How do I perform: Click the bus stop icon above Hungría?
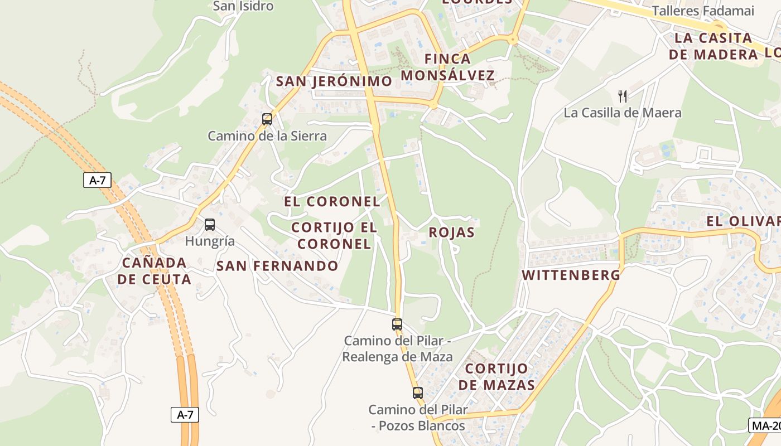pos(210,225)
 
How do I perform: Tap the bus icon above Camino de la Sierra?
pos(267,119)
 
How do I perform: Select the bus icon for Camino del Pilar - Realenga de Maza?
pos(397,324)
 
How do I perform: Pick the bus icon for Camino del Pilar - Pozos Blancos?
pos(418,392)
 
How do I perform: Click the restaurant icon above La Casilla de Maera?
pos(623,96)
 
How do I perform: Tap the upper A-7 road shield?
pos(97,180)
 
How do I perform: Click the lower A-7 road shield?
pos(185,414)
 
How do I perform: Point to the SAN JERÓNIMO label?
pos(334,81)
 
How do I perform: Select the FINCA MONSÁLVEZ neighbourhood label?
pos(447,67)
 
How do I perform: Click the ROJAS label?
pos(451,232)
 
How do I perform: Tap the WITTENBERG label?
pos(571,275)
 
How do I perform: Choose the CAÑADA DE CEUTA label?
pos(155,271)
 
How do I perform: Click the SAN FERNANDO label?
pos(277,266)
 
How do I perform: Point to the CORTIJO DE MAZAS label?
pos(496,377)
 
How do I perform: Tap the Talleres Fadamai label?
pos(703,11)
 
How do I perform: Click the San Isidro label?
pos(243,6)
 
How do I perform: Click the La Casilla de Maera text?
pos(623,113)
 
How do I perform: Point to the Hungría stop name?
pos(210,241)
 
